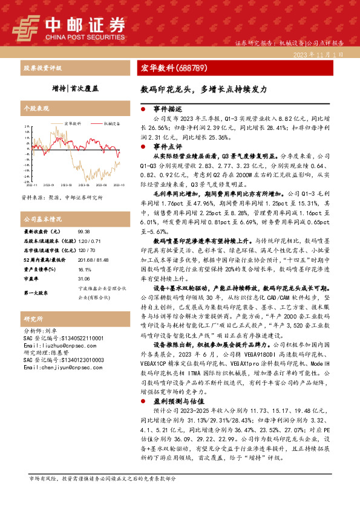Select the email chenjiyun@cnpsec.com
tap(54, 367)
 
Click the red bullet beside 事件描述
tap(143, 109)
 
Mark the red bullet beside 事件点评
tap(143, 146)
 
